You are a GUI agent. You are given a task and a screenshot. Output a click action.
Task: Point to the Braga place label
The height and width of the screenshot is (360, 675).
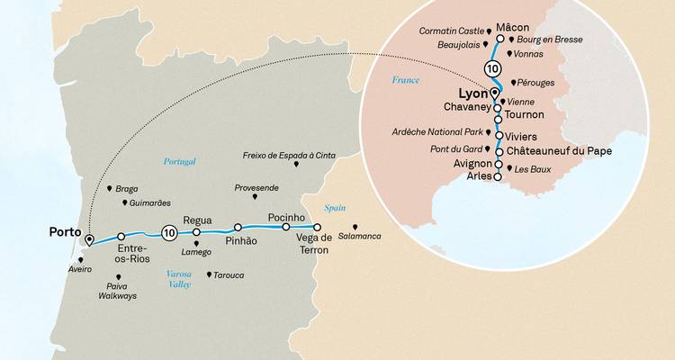(x=129, y=190)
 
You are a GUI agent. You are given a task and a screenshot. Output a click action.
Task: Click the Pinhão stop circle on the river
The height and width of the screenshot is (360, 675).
(x=238, y=228)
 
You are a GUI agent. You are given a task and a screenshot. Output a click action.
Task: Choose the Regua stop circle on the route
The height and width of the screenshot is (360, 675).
(x=197, y=231)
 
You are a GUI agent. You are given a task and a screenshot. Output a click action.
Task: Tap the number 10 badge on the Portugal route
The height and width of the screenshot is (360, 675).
(x=168, y=233)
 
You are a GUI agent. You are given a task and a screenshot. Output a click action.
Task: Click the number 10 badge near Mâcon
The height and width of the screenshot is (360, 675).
(x=491, y=68)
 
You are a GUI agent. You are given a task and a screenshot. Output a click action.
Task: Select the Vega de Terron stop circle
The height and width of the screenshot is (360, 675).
(x=317, y=228)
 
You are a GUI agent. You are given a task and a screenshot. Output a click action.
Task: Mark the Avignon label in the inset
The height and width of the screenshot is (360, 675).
(x=468, y=165)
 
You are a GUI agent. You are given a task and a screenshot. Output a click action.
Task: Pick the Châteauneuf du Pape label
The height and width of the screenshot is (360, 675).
(x=559, y=151)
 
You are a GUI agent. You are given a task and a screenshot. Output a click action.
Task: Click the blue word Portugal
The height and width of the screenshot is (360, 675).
(x=179, y=162)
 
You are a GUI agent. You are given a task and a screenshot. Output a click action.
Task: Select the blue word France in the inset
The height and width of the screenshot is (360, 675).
(x=406, y=80)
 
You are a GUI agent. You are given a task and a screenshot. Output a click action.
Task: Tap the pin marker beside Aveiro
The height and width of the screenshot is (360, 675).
(x=81, y=260)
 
